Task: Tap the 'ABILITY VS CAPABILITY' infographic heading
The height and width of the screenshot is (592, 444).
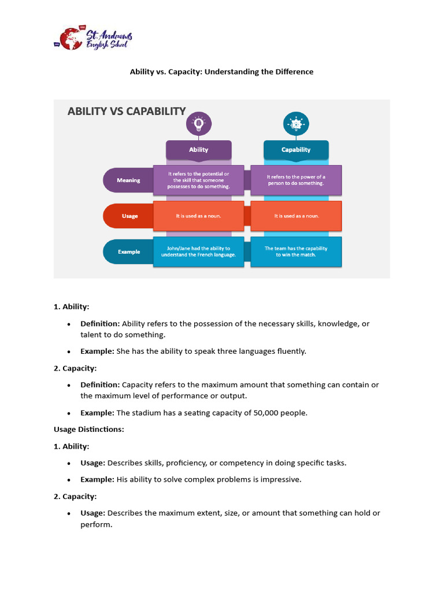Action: pyautogui.click(x=127, y=112)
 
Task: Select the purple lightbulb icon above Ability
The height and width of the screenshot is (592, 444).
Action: pyautogui.click(x=199, y=124)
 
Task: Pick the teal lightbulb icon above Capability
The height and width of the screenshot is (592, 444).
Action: pyautogui.click(x=296, y=124)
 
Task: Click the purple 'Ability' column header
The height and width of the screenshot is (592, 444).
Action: pyautogui.click(x=199, y=149)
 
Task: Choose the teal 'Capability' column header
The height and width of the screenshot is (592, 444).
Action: pyautogui.click(x=296, y=149)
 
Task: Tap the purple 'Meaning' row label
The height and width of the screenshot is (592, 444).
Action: pyautogui.click(x=128, y=180)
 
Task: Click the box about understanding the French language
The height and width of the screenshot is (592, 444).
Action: pyautogui.click(x=198, y=251)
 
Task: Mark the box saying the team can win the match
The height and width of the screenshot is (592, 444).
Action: pyautogui.click(x=296, y=251)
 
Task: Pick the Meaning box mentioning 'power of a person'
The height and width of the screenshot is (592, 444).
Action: pyautogui.click(x=296, y=180)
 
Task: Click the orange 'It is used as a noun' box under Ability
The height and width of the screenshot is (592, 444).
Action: pyautogui.click(x=198, y=216)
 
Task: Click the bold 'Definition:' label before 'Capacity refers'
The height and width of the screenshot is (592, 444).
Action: pyautogui.click(x=100, y=384)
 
